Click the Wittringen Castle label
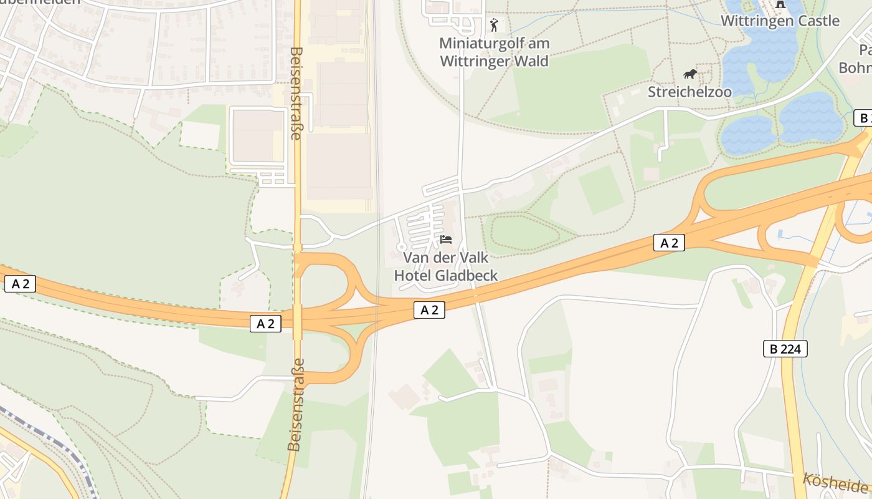pos(780,21)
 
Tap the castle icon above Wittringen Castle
pos(779,4)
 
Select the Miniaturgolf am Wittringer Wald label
pos(494,52)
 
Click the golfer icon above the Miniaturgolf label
pos(494,25)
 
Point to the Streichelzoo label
pos(690,92)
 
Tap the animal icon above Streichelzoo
pos(690,74)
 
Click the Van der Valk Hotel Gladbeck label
pos(446,266)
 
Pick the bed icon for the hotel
pos(446,240)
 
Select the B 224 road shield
pos(785,349)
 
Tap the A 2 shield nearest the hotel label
pos(430,310)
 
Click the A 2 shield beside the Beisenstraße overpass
pos(266,323)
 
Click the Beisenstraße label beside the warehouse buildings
pos(296,94)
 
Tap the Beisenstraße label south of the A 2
pos(296,404)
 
